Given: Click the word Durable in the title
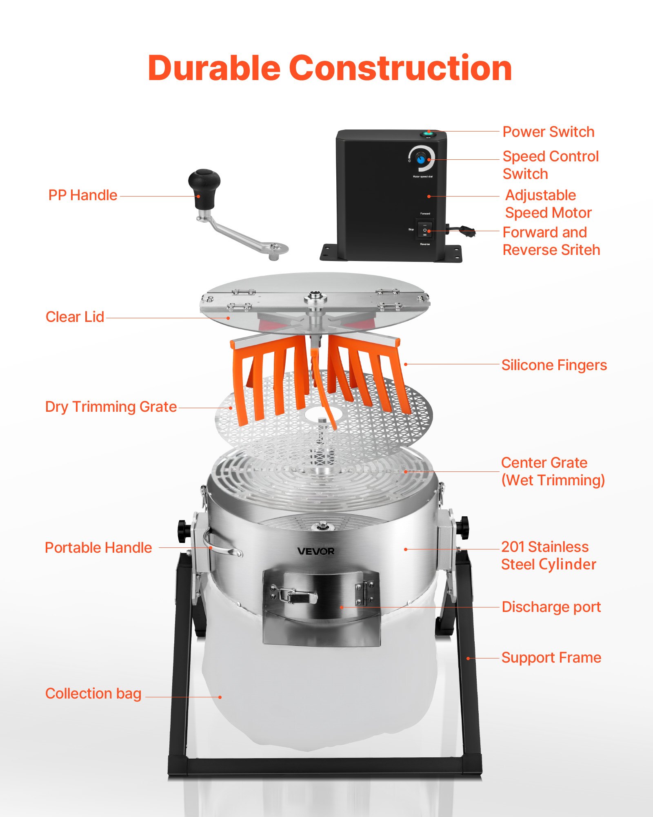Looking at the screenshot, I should coord(214,68).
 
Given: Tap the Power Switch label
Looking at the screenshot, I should coord(548,132).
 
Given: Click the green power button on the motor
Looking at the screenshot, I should coord(428,133).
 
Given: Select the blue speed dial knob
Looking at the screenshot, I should coord(421,159).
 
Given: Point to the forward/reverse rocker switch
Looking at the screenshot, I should coord(425,230).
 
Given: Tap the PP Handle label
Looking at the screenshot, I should coord(83,195).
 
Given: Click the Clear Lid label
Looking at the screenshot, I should coord(75,317).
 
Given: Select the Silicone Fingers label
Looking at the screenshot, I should coord(554,365).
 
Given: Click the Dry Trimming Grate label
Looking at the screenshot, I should coord(111,407).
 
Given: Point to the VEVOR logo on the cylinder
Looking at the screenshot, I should coord(316,551).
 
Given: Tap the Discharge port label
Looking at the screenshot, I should coord(551,607).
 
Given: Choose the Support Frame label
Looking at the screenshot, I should coord(551,658).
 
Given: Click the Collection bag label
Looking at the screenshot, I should coord(93,694).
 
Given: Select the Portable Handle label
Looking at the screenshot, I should coord(98,548).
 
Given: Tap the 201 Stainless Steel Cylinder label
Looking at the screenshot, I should coord(548,556).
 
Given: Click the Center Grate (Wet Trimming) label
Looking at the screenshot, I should coord(553,471).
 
